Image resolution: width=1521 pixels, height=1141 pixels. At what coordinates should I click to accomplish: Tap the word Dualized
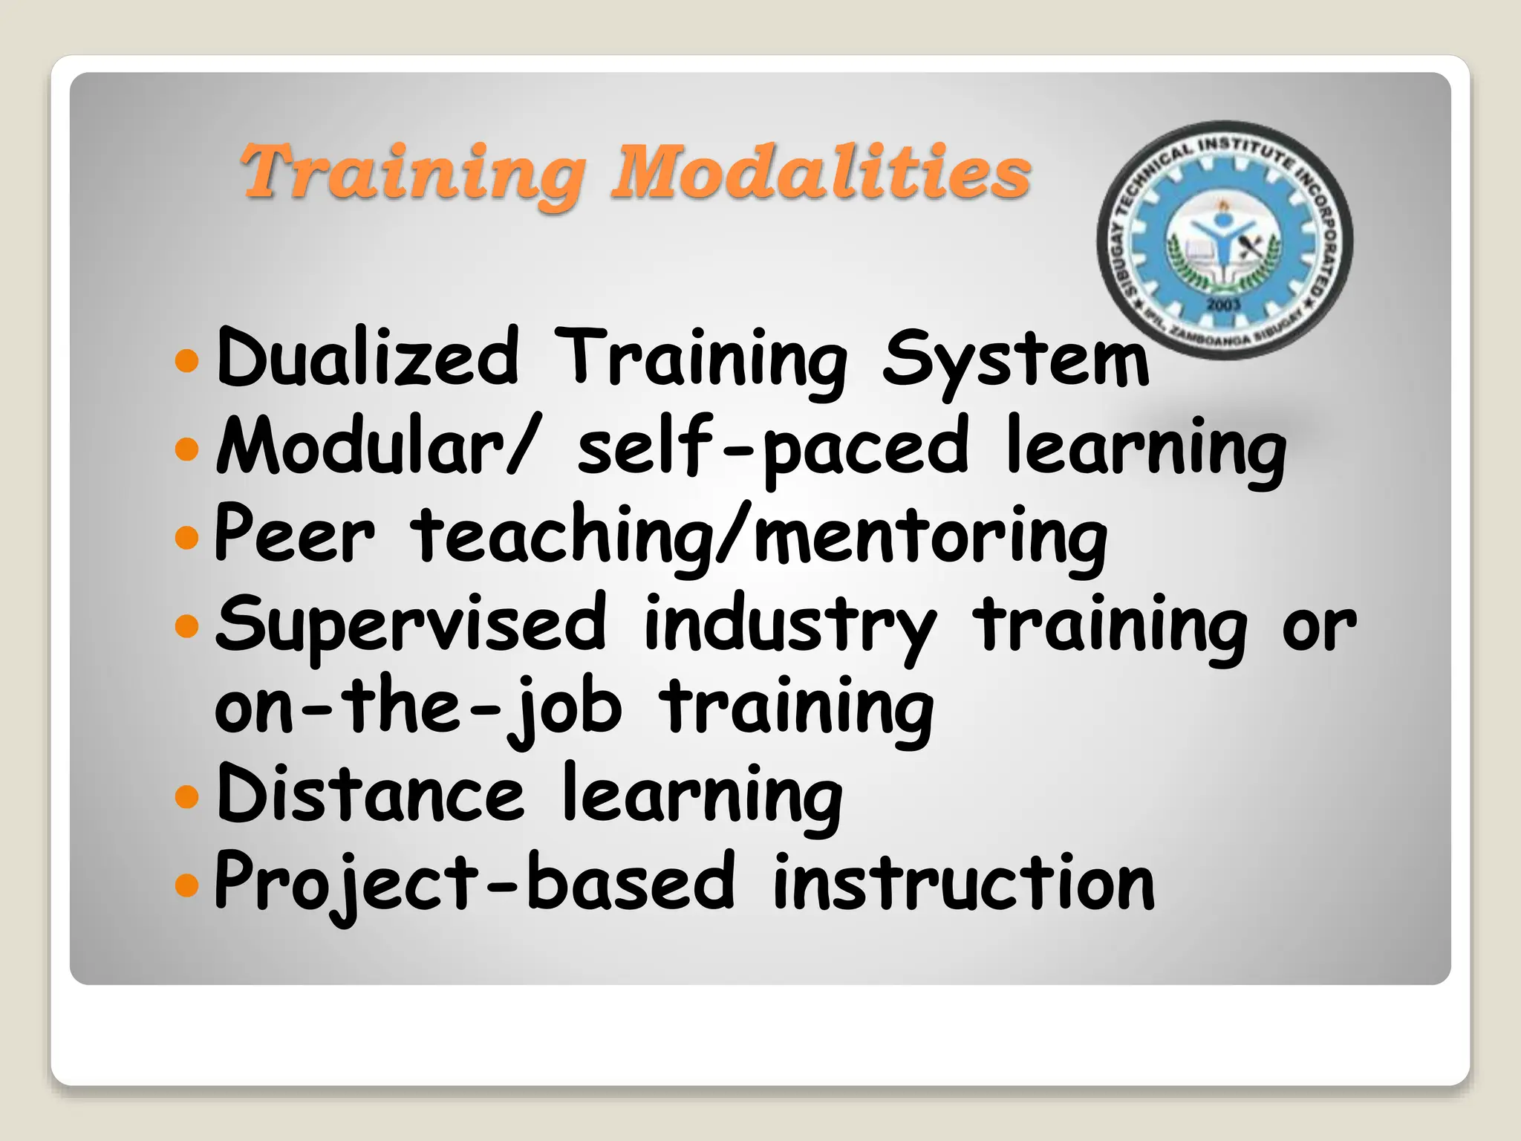pyautogui.click(x=367, y=358)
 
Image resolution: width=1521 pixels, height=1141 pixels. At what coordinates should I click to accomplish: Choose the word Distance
pyautogui.click(x=370, y=795)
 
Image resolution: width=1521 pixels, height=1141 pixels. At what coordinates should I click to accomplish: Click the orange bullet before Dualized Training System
pyautogui.click(x=187, y=361)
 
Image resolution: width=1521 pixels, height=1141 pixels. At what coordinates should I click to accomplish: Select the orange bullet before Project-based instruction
pyautogui.click(x=187, y=884)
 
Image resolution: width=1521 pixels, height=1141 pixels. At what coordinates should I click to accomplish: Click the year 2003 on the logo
pyautogui.click(x=1223, y=305)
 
